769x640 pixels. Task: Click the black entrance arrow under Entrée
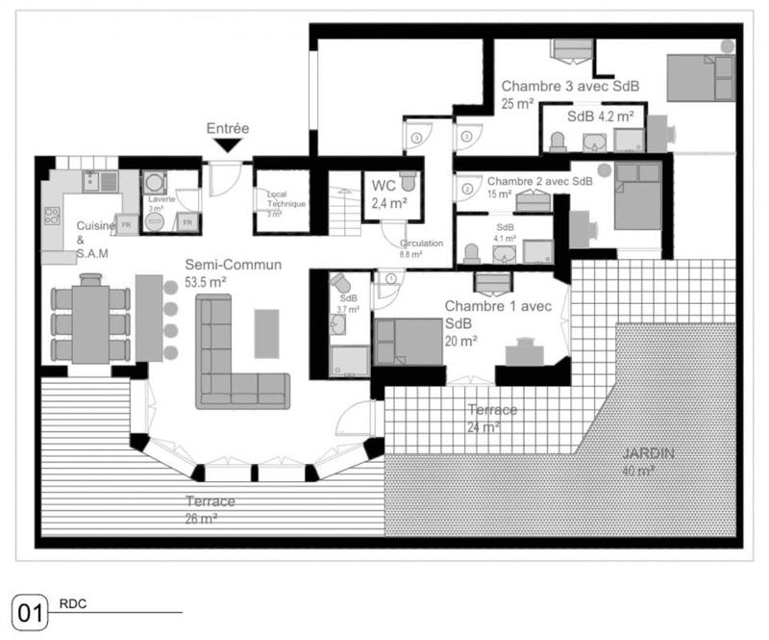pos(228,145)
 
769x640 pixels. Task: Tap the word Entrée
pos(228,128)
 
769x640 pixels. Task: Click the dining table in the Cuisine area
pos(90,322)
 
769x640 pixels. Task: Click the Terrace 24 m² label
pos(491,418)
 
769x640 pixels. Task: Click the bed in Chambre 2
pos(637,197)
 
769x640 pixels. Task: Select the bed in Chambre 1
pos(409,342)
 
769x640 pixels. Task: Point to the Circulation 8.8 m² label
pos(421,248)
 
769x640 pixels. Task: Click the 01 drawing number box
pos(29,612)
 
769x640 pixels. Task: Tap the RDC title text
pos(73,604)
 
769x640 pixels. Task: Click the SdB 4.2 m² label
pos(600,115)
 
